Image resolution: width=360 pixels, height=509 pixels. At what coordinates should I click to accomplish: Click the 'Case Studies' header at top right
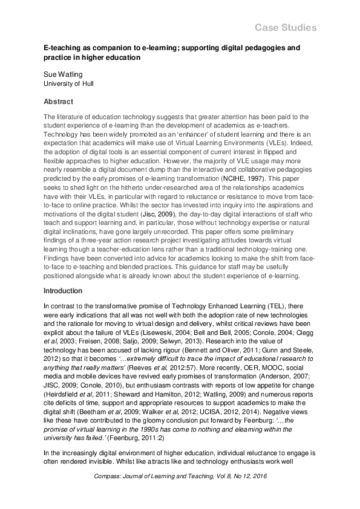285,28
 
